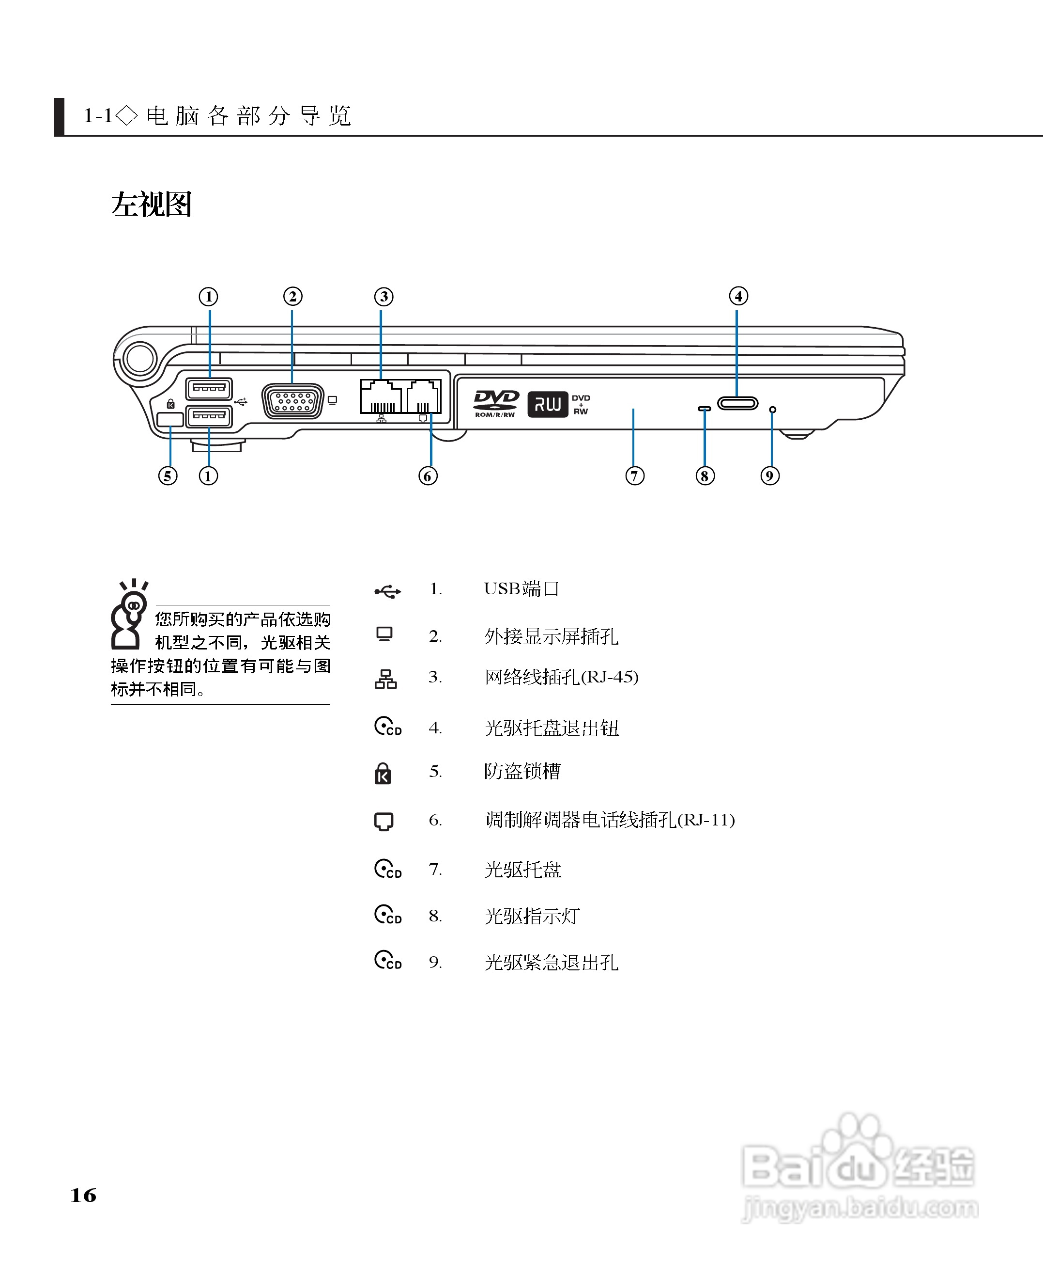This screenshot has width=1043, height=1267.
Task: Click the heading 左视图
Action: [152, 205]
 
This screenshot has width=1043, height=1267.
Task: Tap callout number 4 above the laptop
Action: [738, 296]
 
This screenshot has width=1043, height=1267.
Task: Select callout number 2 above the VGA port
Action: [292, 297]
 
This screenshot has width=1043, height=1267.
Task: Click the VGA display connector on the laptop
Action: [292, 401]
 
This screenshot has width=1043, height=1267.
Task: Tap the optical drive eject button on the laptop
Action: [737, 403]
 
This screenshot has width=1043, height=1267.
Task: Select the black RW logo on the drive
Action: [547, 404]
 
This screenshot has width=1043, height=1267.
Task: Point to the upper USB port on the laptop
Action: [209, 388]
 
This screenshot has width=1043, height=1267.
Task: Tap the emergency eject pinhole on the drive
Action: [773, 410]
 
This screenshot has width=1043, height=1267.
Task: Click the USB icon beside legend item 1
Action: [387, 592]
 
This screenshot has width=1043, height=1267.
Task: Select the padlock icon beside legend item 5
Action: [383, 773]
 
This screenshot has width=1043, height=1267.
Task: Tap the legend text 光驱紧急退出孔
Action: [551, 963]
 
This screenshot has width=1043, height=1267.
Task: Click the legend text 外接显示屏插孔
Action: [551, 636]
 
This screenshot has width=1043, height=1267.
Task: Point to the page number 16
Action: [83, 1195]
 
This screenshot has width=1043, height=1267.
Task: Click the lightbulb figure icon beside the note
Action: [129, 614]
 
